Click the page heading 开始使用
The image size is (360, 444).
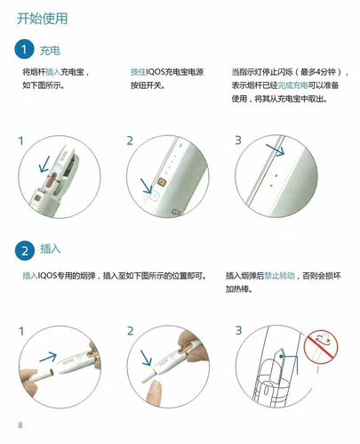tap(42, 18)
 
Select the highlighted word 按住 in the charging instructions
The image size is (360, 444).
tap(138, 70)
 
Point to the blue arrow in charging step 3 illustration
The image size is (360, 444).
tap(277, 150)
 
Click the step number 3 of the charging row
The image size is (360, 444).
tap(237, 141)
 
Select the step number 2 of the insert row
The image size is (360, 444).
tap(130, 330)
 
